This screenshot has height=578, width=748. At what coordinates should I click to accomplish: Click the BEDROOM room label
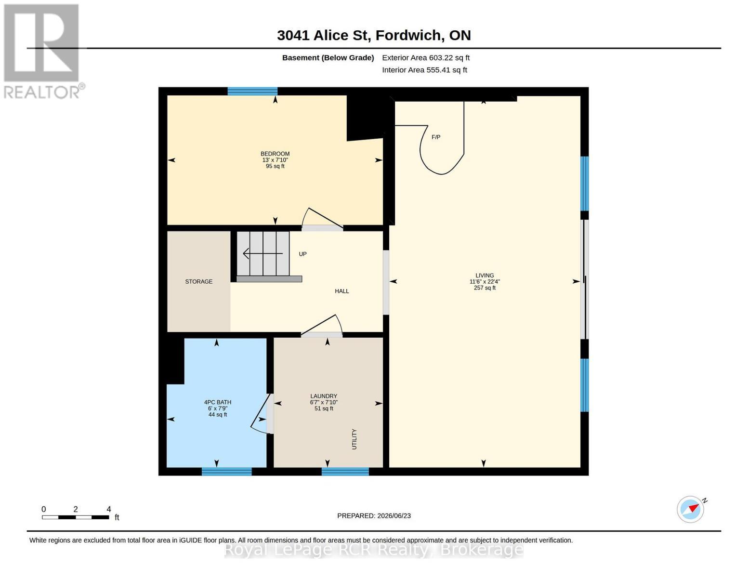[275, 154]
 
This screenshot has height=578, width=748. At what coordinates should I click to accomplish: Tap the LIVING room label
[485, 276]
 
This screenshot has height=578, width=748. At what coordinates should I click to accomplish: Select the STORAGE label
[198, 282]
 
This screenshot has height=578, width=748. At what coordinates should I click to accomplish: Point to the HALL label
[342, 291]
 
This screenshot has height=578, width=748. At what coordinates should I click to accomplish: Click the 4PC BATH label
[218, 402]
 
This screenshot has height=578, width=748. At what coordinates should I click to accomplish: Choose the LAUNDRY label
[324, 396]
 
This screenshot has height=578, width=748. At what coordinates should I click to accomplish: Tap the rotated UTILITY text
[354, 439]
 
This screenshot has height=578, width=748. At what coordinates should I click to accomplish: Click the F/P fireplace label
[436, 137]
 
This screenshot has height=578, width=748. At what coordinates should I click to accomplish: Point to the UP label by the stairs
[302, 254]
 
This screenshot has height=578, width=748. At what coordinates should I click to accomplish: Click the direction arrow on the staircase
[263, 254]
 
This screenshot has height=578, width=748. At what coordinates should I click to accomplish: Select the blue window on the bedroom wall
[252, 91]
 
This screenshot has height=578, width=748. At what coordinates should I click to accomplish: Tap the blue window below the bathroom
[226, 471]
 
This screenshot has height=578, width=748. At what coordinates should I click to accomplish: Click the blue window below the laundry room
[345, 471]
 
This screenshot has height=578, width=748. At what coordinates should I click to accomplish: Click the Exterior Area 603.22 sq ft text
[426, 58]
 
